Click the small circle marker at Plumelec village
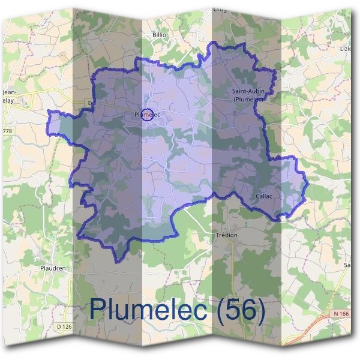pyautogui.click(x=148, y=114)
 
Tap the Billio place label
pyautogui.click(x=159, y=35)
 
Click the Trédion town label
pyautogui.click(x=227, y=235)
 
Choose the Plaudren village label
pyautogui.click(x=52, y=268)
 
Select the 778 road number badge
pyautogui.click(x=7, y=130)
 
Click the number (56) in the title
pyautogui.click(x=241, y=310)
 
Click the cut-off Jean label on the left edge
pyautogui.click(x=9, y=92)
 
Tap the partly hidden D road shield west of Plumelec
pyautogui.click(x=89, y=103)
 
